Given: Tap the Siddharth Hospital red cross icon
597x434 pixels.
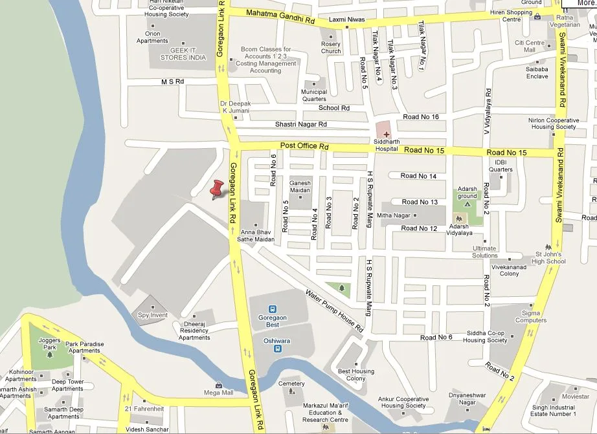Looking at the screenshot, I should point(387,134).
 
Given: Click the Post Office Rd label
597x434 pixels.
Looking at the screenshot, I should point(304,147).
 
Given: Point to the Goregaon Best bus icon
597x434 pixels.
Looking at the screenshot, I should point(273,309).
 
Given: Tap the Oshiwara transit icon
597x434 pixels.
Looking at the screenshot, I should point(277,349).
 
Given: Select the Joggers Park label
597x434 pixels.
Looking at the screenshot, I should point(50,343).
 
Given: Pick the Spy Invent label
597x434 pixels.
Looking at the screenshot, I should point(153,315).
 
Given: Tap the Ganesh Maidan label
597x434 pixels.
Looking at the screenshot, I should point(300,186).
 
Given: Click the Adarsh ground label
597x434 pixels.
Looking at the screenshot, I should point(467,193).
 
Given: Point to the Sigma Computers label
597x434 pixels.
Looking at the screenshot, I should point(530,316).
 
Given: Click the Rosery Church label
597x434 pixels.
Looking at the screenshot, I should point(331,48).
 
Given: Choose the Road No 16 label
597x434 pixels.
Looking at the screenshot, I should point(421,117).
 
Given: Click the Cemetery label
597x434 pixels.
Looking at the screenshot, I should point(291,384).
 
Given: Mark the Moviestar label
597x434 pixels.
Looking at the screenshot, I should point(576,396).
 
